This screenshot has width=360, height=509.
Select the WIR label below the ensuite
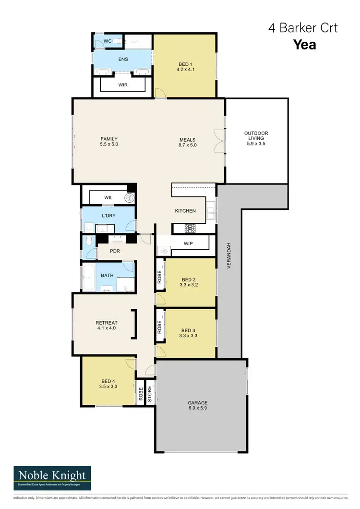(x=123, y=85)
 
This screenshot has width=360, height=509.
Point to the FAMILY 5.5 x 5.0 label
(x=109, y=142)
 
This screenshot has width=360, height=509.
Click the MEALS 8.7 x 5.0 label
(x=187, y=142)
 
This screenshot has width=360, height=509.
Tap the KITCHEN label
(x=185, y=211)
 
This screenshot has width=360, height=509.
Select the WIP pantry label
(x=188, y=244)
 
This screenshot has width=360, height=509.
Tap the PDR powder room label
(x=115, y=251)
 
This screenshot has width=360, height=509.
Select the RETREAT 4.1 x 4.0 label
(x=107, y=326)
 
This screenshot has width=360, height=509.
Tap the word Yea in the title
(x=304, y=45)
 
